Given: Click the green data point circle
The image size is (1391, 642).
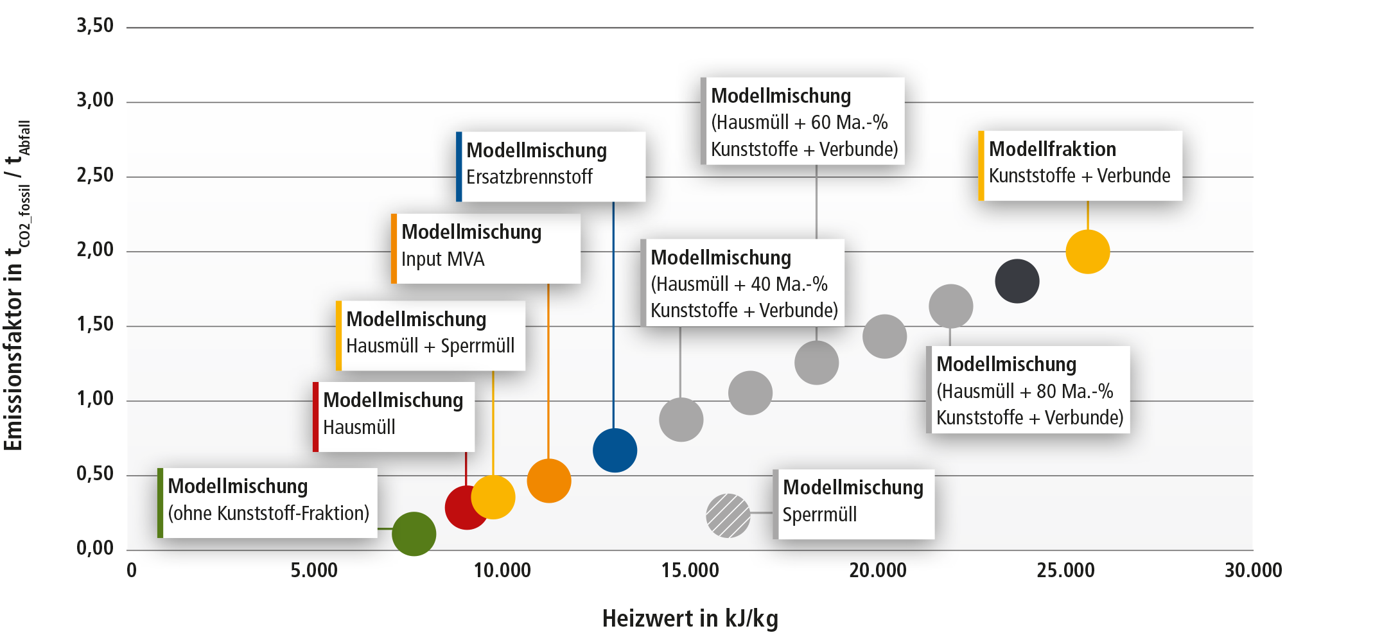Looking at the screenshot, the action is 414,534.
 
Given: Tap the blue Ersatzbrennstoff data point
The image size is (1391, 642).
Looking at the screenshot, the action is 615,450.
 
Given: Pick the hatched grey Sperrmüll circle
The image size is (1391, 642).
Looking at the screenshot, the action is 728,516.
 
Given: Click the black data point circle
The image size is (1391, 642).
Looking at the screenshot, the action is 1017,281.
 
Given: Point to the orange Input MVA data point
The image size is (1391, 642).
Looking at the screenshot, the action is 549,481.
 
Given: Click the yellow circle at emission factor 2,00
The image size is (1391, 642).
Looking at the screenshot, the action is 1088,252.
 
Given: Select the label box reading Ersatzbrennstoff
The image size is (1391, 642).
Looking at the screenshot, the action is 551,166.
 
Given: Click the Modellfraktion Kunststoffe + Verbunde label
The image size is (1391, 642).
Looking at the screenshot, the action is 1080,166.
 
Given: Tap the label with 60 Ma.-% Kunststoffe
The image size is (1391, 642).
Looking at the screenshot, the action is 803,121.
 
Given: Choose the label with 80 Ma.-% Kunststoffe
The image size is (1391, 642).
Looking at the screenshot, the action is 1028,390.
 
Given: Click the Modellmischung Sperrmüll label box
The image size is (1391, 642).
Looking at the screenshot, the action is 853,505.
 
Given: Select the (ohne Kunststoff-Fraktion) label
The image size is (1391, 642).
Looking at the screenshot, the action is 267,503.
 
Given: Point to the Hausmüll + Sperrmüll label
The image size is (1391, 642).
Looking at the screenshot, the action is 430,336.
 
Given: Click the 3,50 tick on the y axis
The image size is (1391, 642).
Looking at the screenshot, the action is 95,26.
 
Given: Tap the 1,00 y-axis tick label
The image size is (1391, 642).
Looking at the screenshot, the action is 95,399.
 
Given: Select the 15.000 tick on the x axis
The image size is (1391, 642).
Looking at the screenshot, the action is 690,570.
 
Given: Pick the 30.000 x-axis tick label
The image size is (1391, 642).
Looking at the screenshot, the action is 1254,570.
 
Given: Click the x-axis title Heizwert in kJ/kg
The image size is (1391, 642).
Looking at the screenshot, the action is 690,618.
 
